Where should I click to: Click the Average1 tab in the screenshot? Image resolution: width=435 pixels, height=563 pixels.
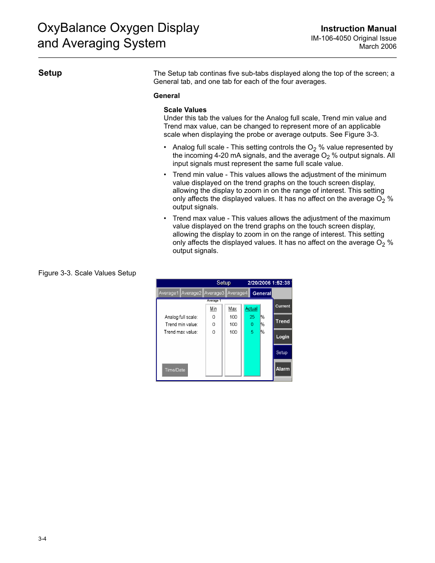(168, 293)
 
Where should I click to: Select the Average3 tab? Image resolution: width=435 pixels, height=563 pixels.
(214, 293)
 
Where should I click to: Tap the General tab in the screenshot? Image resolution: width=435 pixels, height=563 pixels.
(261, 293)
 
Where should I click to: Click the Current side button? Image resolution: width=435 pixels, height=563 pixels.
(283, 306)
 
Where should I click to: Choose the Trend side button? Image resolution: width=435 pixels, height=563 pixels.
(283, 321)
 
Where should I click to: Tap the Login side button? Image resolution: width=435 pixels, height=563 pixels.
(283, 337)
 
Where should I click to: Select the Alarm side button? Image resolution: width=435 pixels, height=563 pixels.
(283, 369)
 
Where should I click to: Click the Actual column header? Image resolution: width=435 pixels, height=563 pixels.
(251, 309)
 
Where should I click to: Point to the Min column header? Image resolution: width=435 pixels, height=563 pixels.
(213, 309)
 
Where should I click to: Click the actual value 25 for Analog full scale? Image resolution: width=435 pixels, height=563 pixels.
(252, 317)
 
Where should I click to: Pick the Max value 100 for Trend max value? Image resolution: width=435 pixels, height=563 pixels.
(233, 332)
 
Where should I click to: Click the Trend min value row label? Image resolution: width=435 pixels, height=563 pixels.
(181, 325)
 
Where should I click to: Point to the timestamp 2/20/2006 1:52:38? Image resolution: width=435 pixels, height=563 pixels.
(269, 283)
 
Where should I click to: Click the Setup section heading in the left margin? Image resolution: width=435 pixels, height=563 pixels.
(50, 73)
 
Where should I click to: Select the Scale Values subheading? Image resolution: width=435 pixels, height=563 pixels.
(185, 110)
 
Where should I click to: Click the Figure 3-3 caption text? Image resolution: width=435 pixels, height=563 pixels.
(87, 273)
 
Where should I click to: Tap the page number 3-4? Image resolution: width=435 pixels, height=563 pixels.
(42, 539)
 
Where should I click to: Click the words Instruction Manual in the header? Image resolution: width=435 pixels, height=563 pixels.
(358, 29)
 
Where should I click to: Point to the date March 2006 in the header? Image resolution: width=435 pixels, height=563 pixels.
(378, 46)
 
